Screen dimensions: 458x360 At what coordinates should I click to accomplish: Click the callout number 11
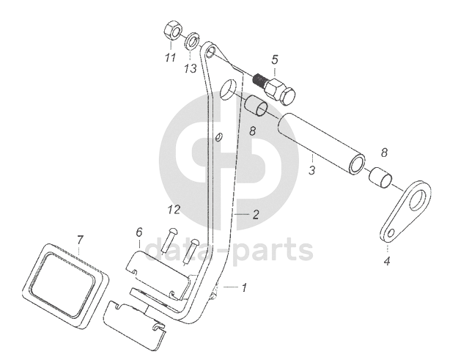(x=170, y=58)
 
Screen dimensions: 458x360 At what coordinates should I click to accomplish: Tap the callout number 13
(x=191, y=68)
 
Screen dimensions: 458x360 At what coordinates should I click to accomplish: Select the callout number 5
(x=275, y=59)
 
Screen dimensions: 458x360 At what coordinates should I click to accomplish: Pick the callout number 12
(x=172, y=210)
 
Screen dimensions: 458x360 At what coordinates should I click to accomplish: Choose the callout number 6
(x=138, y=233)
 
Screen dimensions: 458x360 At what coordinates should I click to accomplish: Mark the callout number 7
(x=81, y=239)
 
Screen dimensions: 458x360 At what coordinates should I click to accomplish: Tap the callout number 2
(x=256, y=215)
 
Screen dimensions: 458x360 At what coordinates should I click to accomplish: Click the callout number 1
(x=244, y=288)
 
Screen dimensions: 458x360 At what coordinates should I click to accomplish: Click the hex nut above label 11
(x=168, y=32)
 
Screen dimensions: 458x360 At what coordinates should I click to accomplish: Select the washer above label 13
(x=193, y=40)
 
